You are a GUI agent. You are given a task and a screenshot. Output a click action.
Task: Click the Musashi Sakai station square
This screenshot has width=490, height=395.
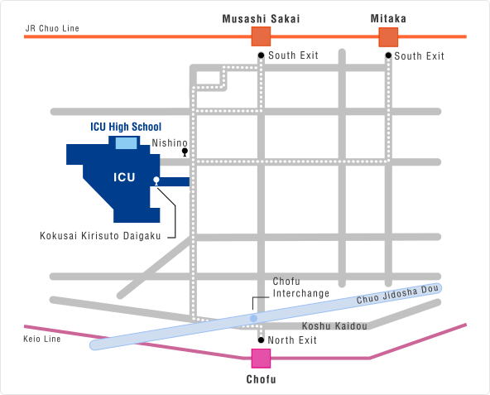click(261, 36)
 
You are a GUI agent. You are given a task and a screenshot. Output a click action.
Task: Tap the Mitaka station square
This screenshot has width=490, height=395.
click(388, 37)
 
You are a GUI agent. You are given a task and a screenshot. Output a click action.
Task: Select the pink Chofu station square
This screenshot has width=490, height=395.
click(261, 359)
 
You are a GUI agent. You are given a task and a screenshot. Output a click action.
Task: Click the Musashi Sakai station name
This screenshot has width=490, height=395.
click(261, 19)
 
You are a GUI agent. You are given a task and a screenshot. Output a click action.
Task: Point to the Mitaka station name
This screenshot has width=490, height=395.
click(388, 19)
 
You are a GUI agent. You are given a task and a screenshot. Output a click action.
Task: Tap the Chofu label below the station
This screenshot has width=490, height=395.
click(262, 379)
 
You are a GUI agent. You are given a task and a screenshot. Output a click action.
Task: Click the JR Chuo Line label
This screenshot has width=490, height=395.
click(52, 28)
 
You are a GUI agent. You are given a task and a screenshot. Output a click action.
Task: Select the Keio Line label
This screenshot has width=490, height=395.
click(42, 339)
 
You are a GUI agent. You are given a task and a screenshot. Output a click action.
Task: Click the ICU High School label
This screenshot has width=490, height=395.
click(126, 127)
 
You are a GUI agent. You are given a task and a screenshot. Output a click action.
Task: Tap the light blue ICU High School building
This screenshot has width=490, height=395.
click(127, 143)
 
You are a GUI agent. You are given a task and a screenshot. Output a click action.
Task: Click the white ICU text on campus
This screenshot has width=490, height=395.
click(124, 177)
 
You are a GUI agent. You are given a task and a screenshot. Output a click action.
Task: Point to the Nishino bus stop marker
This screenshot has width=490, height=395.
click(185, 152)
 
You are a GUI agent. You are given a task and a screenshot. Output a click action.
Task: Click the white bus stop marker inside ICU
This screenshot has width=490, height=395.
click(156, 181)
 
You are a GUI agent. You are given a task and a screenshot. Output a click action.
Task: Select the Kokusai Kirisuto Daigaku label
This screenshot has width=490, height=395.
click(100, 236)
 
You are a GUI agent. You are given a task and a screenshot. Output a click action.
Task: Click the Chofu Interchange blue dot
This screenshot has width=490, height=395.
click(254, 318)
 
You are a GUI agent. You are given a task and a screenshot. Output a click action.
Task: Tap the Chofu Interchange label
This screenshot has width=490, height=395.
click(301, 287)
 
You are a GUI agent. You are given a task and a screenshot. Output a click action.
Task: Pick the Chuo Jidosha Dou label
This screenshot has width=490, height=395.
click(397, 294)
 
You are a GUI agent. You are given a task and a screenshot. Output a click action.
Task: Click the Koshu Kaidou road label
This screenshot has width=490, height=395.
click(334, 326)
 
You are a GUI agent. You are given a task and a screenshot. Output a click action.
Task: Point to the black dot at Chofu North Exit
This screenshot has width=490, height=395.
click(262, 340)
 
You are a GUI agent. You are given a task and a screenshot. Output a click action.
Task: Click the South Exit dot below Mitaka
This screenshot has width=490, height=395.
click(388, 55)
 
